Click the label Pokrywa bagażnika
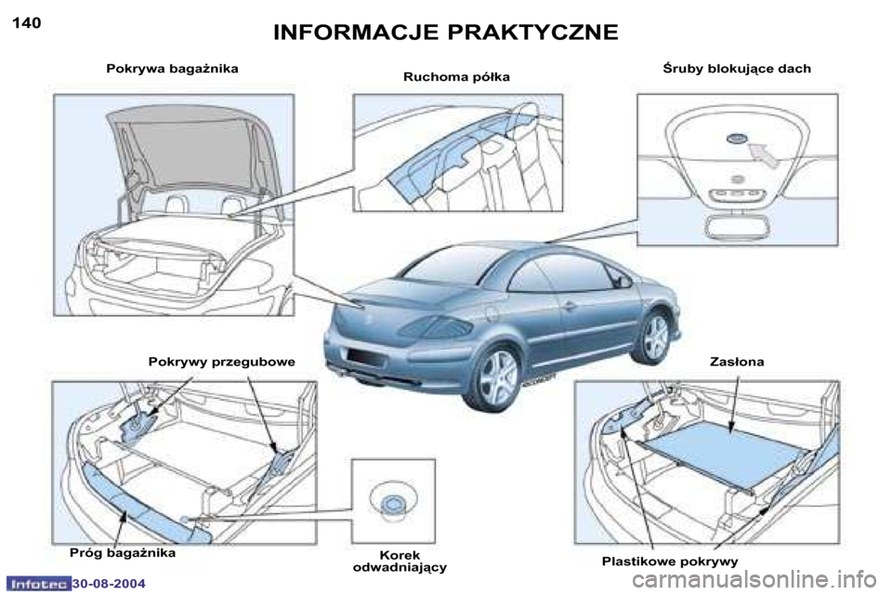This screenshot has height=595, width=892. point(173,69)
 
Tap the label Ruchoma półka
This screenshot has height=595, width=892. point(456,76)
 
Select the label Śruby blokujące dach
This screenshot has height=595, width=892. point(736,69)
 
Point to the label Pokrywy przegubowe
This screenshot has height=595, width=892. point(221,362)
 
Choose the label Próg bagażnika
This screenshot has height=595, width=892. point(123,552)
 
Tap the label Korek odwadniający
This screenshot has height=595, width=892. point(400,561)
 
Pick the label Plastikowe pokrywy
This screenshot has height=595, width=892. point(670,562)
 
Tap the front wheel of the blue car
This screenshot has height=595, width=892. point(655,337)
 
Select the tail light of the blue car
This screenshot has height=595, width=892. point(443,326)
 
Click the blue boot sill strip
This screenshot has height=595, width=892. point(144,503)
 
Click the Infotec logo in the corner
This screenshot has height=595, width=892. point(37,584)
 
